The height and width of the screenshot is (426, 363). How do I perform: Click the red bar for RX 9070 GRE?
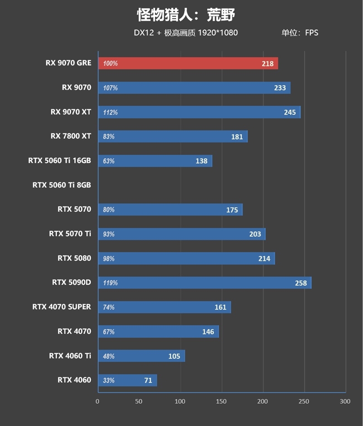188,64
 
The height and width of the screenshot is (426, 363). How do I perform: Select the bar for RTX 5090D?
204,283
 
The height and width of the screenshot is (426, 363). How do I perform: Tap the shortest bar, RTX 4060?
127,380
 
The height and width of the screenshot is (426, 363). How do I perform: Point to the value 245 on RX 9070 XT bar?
289,112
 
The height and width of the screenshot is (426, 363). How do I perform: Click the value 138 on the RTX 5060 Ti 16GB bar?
201,161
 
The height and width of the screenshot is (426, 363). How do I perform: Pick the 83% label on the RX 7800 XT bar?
109,137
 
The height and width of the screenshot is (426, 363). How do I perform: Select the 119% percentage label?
110,283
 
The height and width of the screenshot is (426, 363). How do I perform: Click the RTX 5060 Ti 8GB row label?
62,185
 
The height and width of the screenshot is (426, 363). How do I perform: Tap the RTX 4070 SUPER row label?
62,307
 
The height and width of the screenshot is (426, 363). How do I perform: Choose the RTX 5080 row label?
74,258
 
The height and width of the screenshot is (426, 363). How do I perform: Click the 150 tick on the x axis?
221,402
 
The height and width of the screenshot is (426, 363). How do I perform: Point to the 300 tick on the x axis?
345,402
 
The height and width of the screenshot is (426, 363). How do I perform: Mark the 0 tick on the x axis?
98,402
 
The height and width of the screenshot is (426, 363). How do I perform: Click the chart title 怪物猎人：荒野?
186,15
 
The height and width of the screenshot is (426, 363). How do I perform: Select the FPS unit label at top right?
312,33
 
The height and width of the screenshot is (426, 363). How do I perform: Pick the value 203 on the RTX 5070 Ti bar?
255,234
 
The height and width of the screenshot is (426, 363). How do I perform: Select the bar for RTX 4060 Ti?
141,356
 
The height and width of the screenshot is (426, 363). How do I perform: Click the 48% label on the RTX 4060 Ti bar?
109,356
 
